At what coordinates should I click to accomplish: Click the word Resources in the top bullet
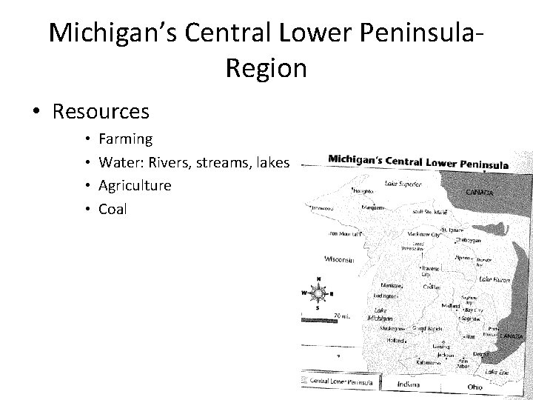[101, 111]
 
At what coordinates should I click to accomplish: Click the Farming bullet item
[125, 139]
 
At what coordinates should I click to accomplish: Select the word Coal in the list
[113, 209]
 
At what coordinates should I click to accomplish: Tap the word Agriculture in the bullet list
[135, 185]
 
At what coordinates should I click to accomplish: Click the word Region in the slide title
[266, 68]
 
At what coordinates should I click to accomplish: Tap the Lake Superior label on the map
[403, 183]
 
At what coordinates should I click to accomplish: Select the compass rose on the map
[318, 293]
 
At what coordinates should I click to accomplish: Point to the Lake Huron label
[494, 279]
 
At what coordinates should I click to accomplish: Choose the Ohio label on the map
[474, 387]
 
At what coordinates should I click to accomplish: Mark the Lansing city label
[442, 346]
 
